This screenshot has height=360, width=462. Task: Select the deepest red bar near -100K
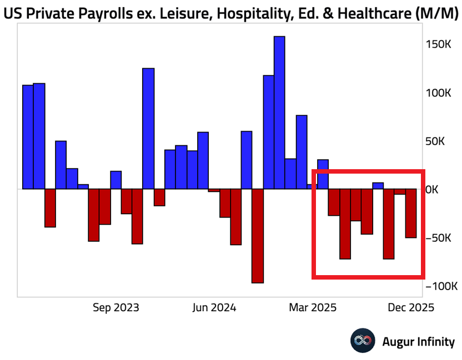258,236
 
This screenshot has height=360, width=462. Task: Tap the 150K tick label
439,44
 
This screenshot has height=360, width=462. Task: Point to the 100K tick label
439,93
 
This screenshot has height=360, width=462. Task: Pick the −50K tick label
439,238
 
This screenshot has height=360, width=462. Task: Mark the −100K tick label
441,286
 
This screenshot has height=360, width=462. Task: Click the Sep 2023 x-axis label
115,307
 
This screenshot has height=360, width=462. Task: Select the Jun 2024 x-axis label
214,307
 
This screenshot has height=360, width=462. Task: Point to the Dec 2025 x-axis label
411,307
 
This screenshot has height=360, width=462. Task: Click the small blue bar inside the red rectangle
378,186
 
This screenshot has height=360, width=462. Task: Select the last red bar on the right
411,214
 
